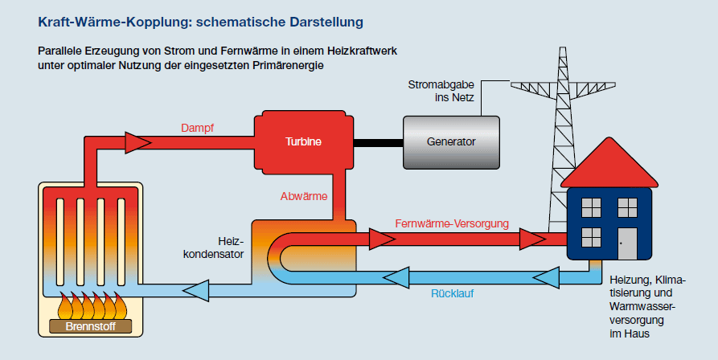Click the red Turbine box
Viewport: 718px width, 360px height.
tap(303, 141)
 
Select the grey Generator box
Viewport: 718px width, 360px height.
tap(450, 142)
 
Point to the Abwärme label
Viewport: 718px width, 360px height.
tap(303, 196)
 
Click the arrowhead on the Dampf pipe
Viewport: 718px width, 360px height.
tap(138, 143)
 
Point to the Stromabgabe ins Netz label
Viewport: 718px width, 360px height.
tap(441, 92)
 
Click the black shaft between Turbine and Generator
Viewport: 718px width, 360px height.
tap(377, 142)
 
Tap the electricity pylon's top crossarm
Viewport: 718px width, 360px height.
tap(566, 85)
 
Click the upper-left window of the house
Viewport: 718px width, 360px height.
tap(591, 207)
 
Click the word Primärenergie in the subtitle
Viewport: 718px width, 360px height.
tap(286, 66)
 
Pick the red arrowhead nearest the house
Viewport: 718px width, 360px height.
tap(531, 239)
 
